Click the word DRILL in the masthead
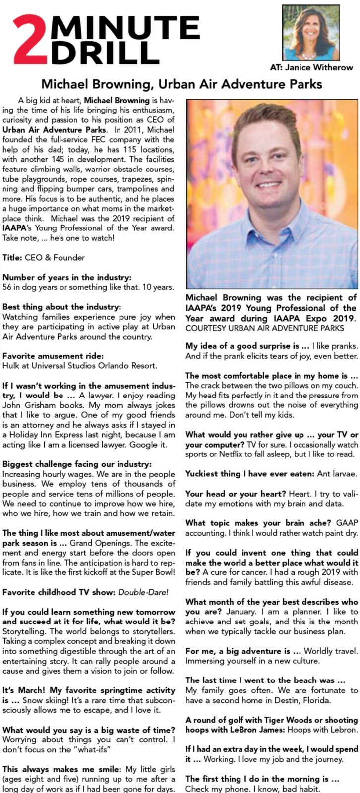pos(106,53)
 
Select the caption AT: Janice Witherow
pos(311,67)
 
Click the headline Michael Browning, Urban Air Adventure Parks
pos(181,84)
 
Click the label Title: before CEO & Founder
pos(12,258)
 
